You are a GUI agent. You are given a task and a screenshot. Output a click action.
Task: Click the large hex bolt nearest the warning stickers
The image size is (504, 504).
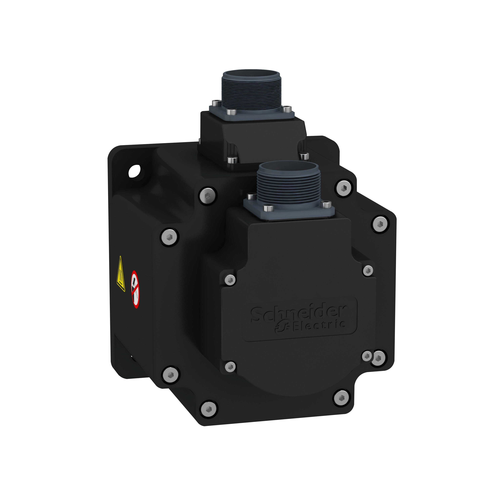[x=170, y=237]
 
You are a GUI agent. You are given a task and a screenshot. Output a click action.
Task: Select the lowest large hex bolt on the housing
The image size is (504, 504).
[x=208, y=409]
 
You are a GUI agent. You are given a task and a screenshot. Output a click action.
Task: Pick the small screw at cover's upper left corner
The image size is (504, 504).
[x=230, y=280]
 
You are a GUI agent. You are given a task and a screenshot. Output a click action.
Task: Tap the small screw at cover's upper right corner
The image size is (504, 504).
[x=368, y=270]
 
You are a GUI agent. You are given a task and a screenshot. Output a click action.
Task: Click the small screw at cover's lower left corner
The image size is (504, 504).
[x=230, y=367]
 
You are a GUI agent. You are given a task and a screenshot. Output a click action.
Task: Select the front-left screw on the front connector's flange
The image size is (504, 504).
[x=268, y=208]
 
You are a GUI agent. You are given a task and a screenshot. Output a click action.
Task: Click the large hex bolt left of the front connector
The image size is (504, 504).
[x=208, y=196]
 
